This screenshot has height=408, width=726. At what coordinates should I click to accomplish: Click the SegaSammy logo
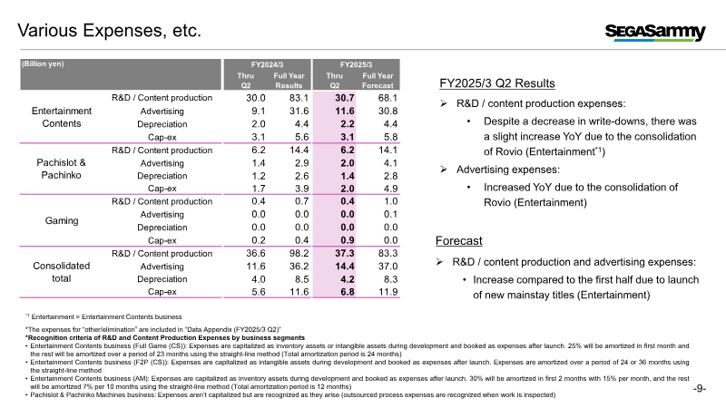click(x=655, y=32)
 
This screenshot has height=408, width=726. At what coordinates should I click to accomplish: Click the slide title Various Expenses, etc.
click(x=110, y=31)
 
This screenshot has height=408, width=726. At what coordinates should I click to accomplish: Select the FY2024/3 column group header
click(x=267, y=64)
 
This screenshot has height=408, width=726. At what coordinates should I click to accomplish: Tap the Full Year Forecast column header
click(x=378, y=81)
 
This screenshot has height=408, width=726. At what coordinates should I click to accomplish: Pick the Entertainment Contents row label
click(x=62, y=117)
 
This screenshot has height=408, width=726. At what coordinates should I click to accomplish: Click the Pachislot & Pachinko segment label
click(x=61, y=169)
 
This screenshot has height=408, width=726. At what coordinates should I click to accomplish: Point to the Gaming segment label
click(x=62, y=220)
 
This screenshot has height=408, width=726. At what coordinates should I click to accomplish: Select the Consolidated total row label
click(x=61, y=272)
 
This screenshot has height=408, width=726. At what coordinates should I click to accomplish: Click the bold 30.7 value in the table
click(x=345, y=98)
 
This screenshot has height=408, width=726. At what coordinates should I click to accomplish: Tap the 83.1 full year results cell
click(x=299, y=98)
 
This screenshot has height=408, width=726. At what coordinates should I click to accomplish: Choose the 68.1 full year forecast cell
click(x=388, y=98)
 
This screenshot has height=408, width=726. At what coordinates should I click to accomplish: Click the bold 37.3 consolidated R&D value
click(x=345, y=254)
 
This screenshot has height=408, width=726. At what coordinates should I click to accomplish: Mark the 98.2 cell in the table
click(x=299, y=254)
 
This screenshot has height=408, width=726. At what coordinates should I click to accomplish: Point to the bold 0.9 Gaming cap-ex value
click(x=348, y=240)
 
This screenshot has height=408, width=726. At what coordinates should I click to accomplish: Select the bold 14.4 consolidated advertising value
click(x=345, y=267)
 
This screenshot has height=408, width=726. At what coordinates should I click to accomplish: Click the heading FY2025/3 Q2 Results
click(x=496, y=83)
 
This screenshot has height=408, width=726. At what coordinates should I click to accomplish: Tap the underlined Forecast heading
click(x=459, y=241)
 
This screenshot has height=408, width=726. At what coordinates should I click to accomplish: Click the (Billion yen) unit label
click(x=43, y=63)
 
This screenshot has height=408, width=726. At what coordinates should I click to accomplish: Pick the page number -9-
click(x=700, y=389)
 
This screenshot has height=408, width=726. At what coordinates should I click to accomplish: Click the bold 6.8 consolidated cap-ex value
click(x=348, y=292)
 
